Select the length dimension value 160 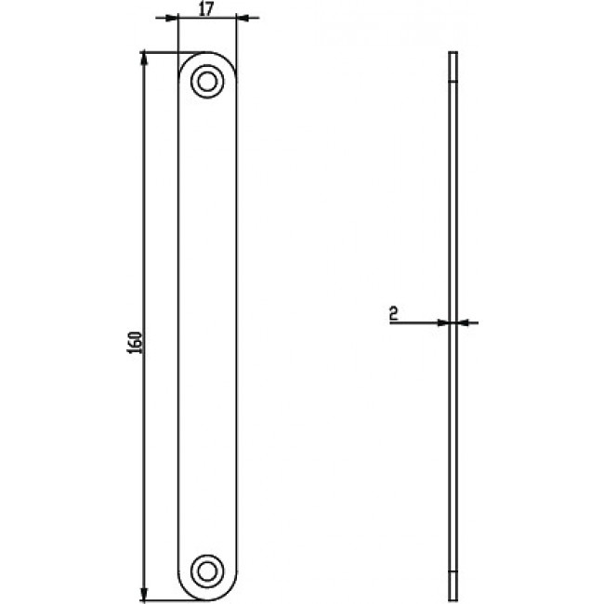coord(135,341)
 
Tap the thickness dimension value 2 coord(394,315)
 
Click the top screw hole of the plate coord(207,81)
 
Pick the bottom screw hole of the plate coord(207,570)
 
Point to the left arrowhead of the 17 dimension coord(172,18)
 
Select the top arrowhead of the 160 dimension coord(144,58)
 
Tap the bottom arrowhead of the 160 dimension coord(144,593)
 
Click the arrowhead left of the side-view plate coord(442,322)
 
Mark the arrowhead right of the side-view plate coord(462,322)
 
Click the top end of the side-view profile coord(452,54)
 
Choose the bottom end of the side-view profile coord(452,597)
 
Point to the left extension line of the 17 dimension coord(177,37)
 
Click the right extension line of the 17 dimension coord(236,37)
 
